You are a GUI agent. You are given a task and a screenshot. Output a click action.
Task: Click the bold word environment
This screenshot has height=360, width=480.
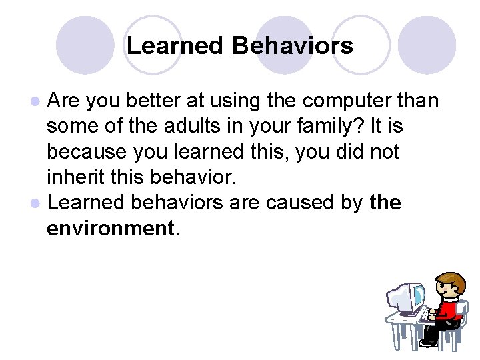coord(109,228)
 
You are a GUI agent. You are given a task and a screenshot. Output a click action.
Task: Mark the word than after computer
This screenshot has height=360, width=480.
coord(417,101)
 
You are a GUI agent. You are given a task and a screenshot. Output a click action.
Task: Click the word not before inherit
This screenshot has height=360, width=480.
coord(382,151)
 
